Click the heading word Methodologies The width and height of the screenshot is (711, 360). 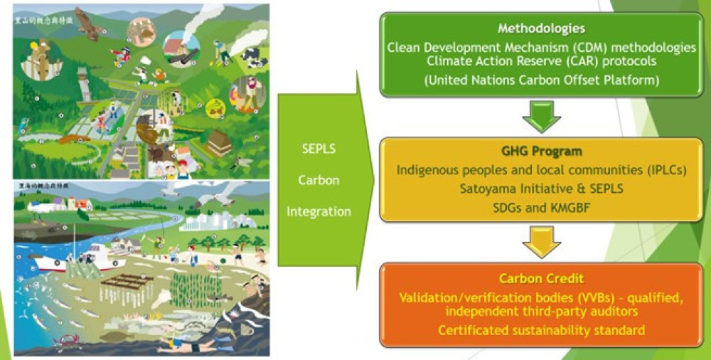(542, 29)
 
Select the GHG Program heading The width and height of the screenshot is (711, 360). (542, 152)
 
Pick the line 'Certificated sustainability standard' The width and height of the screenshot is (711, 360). (542, 329)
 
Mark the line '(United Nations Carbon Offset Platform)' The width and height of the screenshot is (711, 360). (542, 80)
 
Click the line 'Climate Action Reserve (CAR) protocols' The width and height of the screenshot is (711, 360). (542, 63)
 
